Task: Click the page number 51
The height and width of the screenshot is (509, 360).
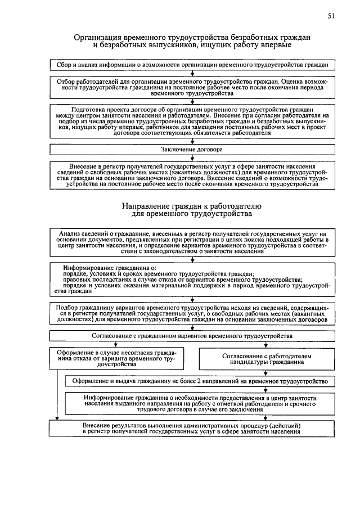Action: click(331, 17)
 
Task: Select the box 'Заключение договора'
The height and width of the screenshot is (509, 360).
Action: click(192, 150)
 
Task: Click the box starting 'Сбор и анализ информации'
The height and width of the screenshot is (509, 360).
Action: click(192, 65)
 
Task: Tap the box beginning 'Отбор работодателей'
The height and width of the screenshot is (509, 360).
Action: click(192, 87)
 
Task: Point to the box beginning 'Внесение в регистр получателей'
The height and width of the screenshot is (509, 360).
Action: click(192, 175)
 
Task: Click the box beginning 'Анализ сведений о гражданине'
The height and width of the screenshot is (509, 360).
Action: click(192, 242)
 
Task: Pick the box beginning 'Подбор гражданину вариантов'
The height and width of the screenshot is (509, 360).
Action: click(192, 313)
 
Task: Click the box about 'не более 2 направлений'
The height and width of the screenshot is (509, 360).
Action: click(200, 381)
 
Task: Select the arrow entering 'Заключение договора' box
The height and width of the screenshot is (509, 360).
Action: click(192, 143)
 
